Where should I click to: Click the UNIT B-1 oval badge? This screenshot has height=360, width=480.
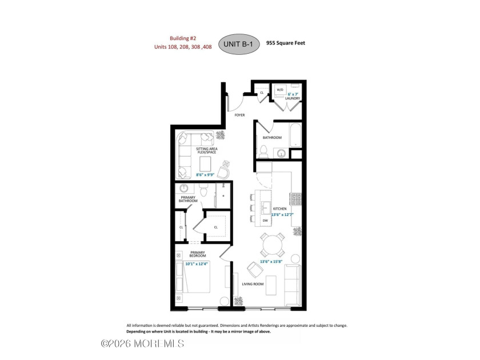click(x=239, y=44)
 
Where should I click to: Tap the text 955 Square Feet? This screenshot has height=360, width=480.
click(x=286, y=43)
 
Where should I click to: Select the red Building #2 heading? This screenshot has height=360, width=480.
click(x=183, y=38)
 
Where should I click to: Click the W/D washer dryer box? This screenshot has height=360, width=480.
click(x=280, y=90)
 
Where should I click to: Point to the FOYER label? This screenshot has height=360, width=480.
click(x=239, y=115)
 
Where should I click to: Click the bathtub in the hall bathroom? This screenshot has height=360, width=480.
click(x=296, y=135)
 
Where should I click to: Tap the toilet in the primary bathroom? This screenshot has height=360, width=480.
click(x=203, y=190)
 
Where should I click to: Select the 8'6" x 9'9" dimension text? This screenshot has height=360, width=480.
click(x=205, y=175)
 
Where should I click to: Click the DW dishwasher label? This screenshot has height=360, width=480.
click(x=265, y=221)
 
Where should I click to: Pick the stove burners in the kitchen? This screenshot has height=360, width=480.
click(x=296, y=199)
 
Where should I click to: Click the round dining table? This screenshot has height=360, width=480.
click(x=273, y=245)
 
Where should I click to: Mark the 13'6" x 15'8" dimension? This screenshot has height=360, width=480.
click(x=271, y=262)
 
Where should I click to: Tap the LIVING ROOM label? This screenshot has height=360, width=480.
click(x=253, y=284)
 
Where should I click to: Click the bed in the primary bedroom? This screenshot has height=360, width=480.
click(x=193, y=277)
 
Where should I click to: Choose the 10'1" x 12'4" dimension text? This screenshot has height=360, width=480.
click(x=196, y=263)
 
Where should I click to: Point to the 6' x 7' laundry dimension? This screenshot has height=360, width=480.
click(x=293, y=94)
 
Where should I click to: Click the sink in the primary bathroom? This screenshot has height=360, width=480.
click(x=183, y=188)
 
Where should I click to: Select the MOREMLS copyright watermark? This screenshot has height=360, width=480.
click(x=143, y=343)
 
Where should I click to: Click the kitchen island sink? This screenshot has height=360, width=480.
click(x=265, y=206)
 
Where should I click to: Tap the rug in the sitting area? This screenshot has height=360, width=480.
click(x=205, y=164)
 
